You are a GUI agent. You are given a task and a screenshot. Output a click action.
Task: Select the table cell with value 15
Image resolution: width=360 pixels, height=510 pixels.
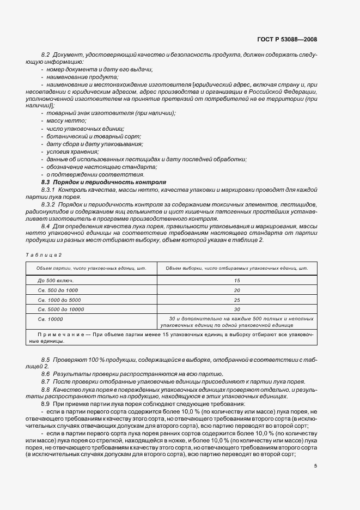click(x=237, y=280)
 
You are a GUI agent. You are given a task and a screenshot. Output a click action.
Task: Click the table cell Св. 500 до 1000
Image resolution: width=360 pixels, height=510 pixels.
click(x=58, y=290)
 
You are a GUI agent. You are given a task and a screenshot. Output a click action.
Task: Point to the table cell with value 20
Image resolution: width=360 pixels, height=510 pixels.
click(x=237, y=290)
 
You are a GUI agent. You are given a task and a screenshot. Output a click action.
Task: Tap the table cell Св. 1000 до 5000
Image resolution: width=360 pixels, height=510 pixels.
click(x=60, y=300)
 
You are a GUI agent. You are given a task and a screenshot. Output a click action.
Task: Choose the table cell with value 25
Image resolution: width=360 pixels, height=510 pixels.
click(x=237, y=300)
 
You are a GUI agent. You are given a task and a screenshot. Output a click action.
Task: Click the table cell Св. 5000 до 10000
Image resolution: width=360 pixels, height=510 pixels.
click(x=61, y=309)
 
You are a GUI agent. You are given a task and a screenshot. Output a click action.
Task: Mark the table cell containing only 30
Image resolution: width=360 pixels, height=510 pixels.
click(x=237, y=309)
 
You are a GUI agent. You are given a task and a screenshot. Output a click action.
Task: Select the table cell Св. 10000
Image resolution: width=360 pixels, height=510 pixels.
click(x=51, y=319)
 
